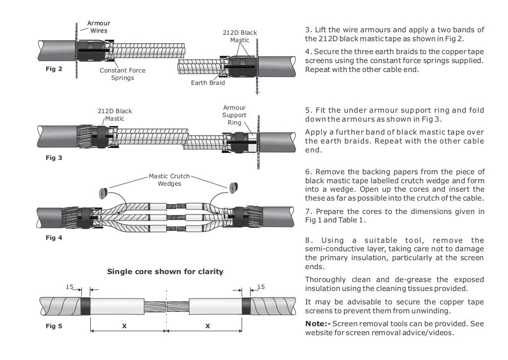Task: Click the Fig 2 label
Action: pos(54,69)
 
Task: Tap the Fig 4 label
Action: pos(54,238)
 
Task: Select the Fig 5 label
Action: pos(54,326)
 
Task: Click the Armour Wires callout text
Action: pos(99,27)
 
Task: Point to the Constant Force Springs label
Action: pos(123,74)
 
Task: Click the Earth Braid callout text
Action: pos(208,82)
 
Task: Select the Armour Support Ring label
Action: pos(234,115)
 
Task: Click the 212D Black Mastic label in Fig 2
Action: pos(240,36)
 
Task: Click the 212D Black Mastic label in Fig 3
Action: pos(115,115)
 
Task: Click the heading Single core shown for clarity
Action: pos(165,272)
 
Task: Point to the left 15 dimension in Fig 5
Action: pos(70,287)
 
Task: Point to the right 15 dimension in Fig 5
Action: pos(261,287)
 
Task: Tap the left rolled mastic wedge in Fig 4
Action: pos(105,192)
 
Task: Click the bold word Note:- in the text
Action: pos(317,324)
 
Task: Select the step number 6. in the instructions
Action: pos(308,171)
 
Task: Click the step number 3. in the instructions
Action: pos(308,30)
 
